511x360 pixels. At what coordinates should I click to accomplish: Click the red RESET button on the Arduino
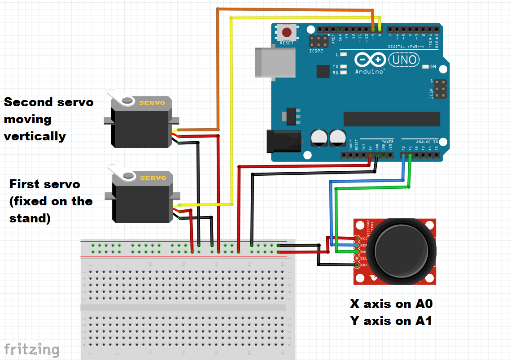coord(287,33)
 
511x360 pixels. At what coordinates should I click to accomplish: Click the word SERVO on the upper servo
coord(153,103)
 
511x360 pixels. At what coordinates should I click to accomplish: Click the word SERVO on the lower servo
coord(153,178)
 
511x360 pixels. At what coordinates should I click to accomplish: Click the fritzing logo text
coord(31,349)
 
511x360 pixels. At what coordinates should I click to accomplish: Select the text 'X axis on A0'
coord(391,304)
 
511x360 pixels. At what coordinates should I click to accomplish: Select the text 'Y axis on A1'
coord(391,321)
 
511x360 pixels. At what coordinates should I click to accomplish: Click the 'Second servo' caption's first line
coord(48,102)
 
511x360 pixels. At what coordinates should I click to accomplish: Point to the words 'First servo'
coord(45,184)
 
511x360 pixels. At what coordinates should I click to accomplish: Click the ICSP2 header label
coord(316,51)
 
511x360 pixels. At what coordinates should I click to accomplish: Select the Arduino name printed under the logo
coord(369,71)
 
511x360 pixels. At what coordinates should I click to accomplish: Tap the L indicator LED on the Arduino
coord(344,54)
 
